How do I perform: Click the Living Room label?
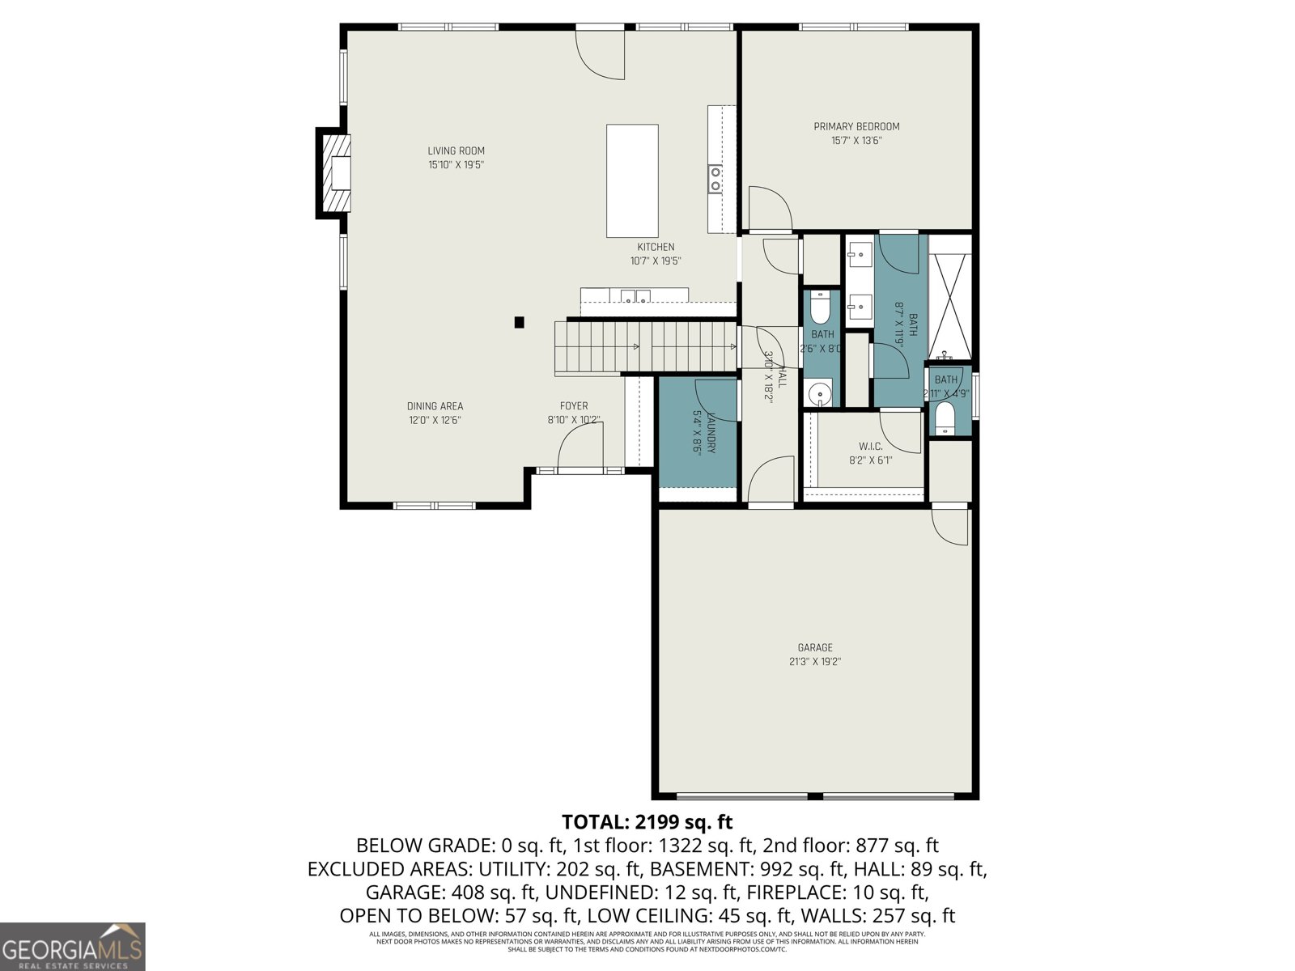pos(456,151)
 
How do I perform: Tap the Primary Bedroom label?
pos(856,126)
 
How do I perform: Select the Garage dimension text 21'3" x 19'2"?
pos(815,661)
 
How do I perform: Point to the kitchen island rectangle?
pos(632,180)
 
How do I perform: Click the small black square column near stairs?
pos(520,322)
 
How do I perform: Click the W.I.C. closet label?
pos(870,447)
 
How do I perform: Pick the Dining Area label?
pos(435,406)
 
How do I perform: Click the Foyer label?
pos(574,406)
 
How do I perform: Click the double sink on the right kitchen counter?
pos(715,178)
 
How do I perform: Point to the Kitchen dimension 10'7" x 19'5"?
pos(656,261)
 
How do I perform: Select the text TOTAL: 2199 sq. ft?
pos(647,822)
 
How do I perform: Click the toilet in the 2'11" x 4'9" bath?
pos(945,418)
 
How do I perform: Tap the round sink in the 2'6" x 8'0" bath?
pos(820,395)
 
